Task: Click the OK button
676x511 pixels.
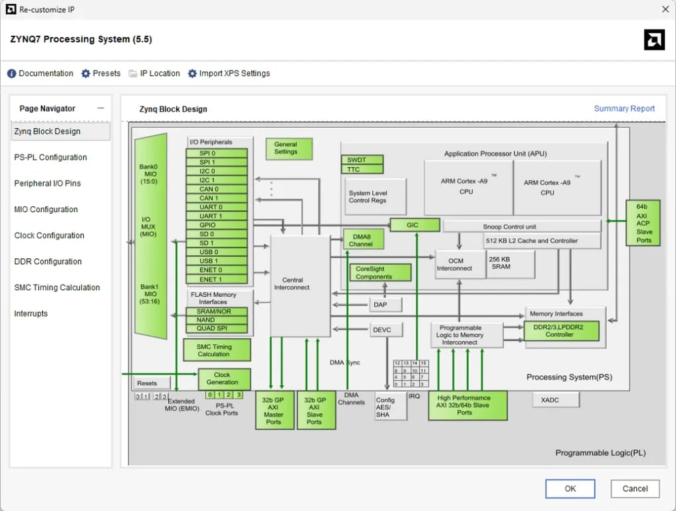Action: [570, 488]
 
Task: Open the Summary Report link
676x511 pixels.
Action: [624, 108]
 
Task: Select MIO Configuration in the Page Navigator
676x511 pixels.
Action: [46, 210]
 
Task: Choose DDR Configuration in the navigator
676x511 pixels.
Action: [48, 261]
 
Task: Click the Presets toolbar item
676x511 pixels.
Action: [101, 73]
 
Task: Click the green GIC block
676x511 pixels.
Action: [414, 225]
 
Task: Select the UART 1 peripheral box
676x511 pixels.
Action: [217, 216]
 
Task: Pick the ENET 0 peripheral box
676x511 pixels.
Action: [217, 270]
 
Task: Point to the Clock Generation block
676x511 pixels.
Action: [224, 379]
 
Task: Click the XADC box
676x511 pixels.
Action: [555, 399]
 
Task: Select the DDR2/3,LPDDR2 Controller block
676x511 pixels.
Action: [561, 331]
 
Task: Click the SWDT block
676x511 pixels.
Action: [362, 160]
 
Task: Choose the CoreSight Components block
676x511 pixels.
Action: [380, 273]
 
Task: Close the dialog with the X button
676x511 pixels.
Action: [665, 9]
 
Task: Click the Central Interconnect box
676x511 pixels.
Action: [300, 285]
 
